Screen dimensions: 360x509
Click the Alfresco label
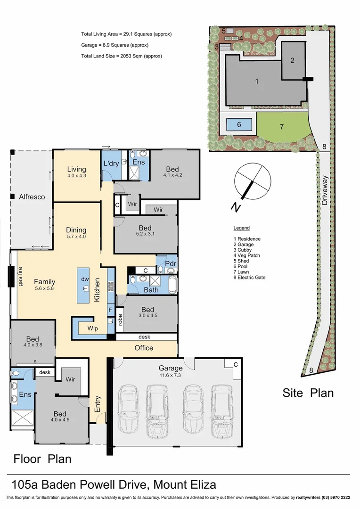point(32,197)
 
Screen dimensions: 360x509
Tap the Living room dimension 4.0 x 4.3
point(77,176)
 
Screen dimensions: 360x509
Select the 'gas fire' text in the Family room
point(20,277)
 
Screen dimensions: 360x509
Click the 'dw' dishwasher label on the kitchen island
point(85,279)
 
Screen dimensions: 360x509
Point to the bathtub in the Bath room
point(172,285)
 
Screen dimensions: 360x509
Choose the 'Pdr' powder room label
point(171,263)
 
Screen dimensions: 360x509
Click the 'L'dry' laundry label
point(111,163)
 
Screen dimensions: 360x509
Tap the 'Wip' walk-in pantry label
point(92,328)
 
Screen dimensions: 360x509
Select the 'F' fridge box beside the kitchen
point(110,310)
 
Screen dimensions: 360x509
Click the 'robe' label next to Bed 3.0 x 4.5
point(120,320)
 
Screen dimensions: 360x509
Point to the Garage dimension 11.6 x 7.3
point(171,375)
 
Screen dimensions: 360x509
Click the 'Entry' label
point(98,404)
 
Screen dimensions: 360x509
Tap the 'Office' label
point(144,348)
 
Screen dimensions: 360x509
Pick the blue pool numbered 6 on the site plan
point(239,124)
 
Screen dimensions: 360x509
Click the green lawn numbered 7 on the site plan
point(282,127)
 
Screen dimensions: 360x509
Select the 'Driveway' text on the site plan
point(325,190)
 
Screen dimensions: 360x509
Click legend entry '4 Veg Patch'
point(247,255)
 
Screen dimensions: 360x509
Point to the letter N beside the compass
point(236,207)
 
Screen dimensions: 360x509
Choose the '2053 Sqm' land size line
point(122,56)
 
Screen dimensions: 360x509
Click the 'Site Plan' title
point(308,393)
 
